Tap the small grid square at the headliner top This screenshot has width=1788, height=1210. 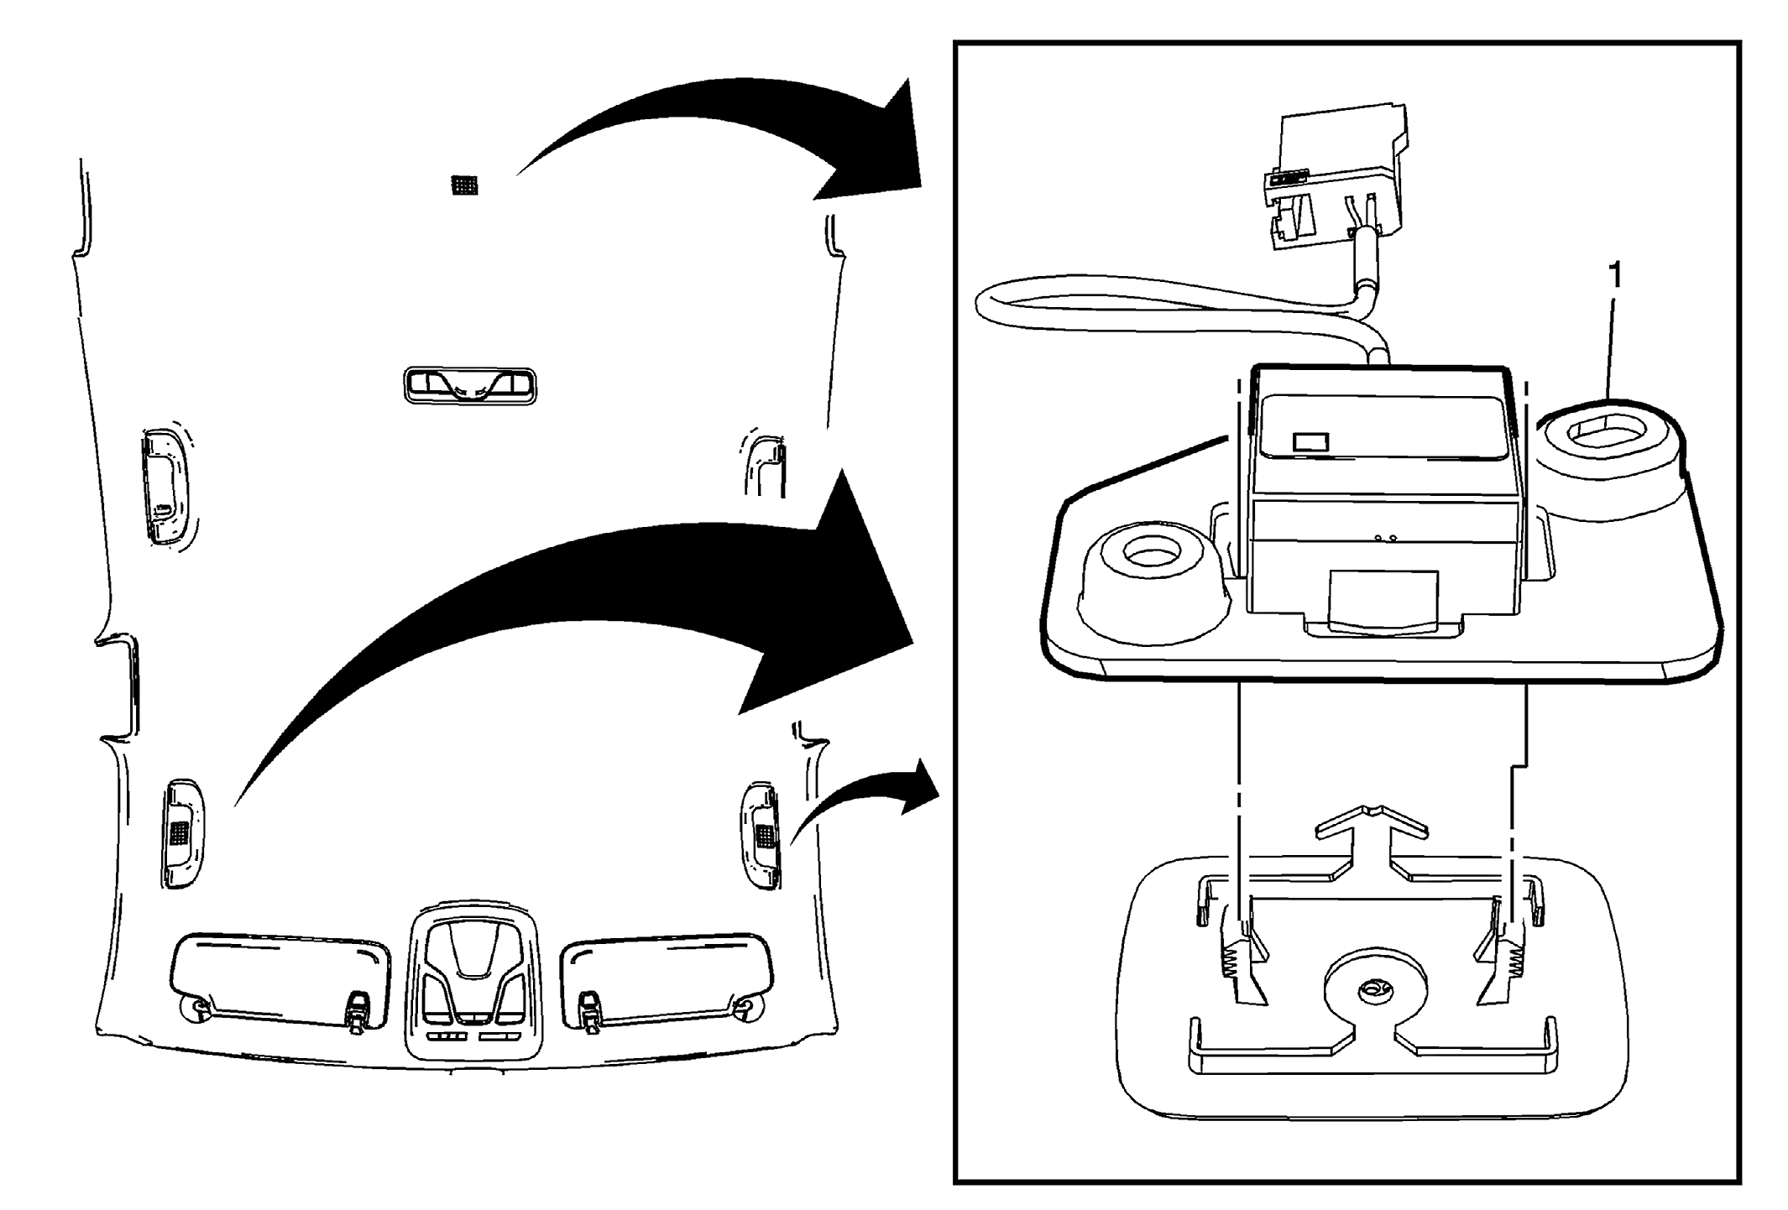click(464, 185)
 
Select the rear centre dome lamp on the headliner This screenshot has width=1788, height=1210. click(470, 385)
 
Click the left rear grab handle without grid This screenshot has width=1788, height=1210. click(165, 488)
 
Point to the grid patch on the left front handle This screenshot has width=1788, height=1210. click(178, 832)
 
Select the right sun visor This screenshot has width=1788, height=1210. click(667, 978)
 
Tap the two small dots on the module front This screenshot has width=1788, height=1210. click(1384, 538)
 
